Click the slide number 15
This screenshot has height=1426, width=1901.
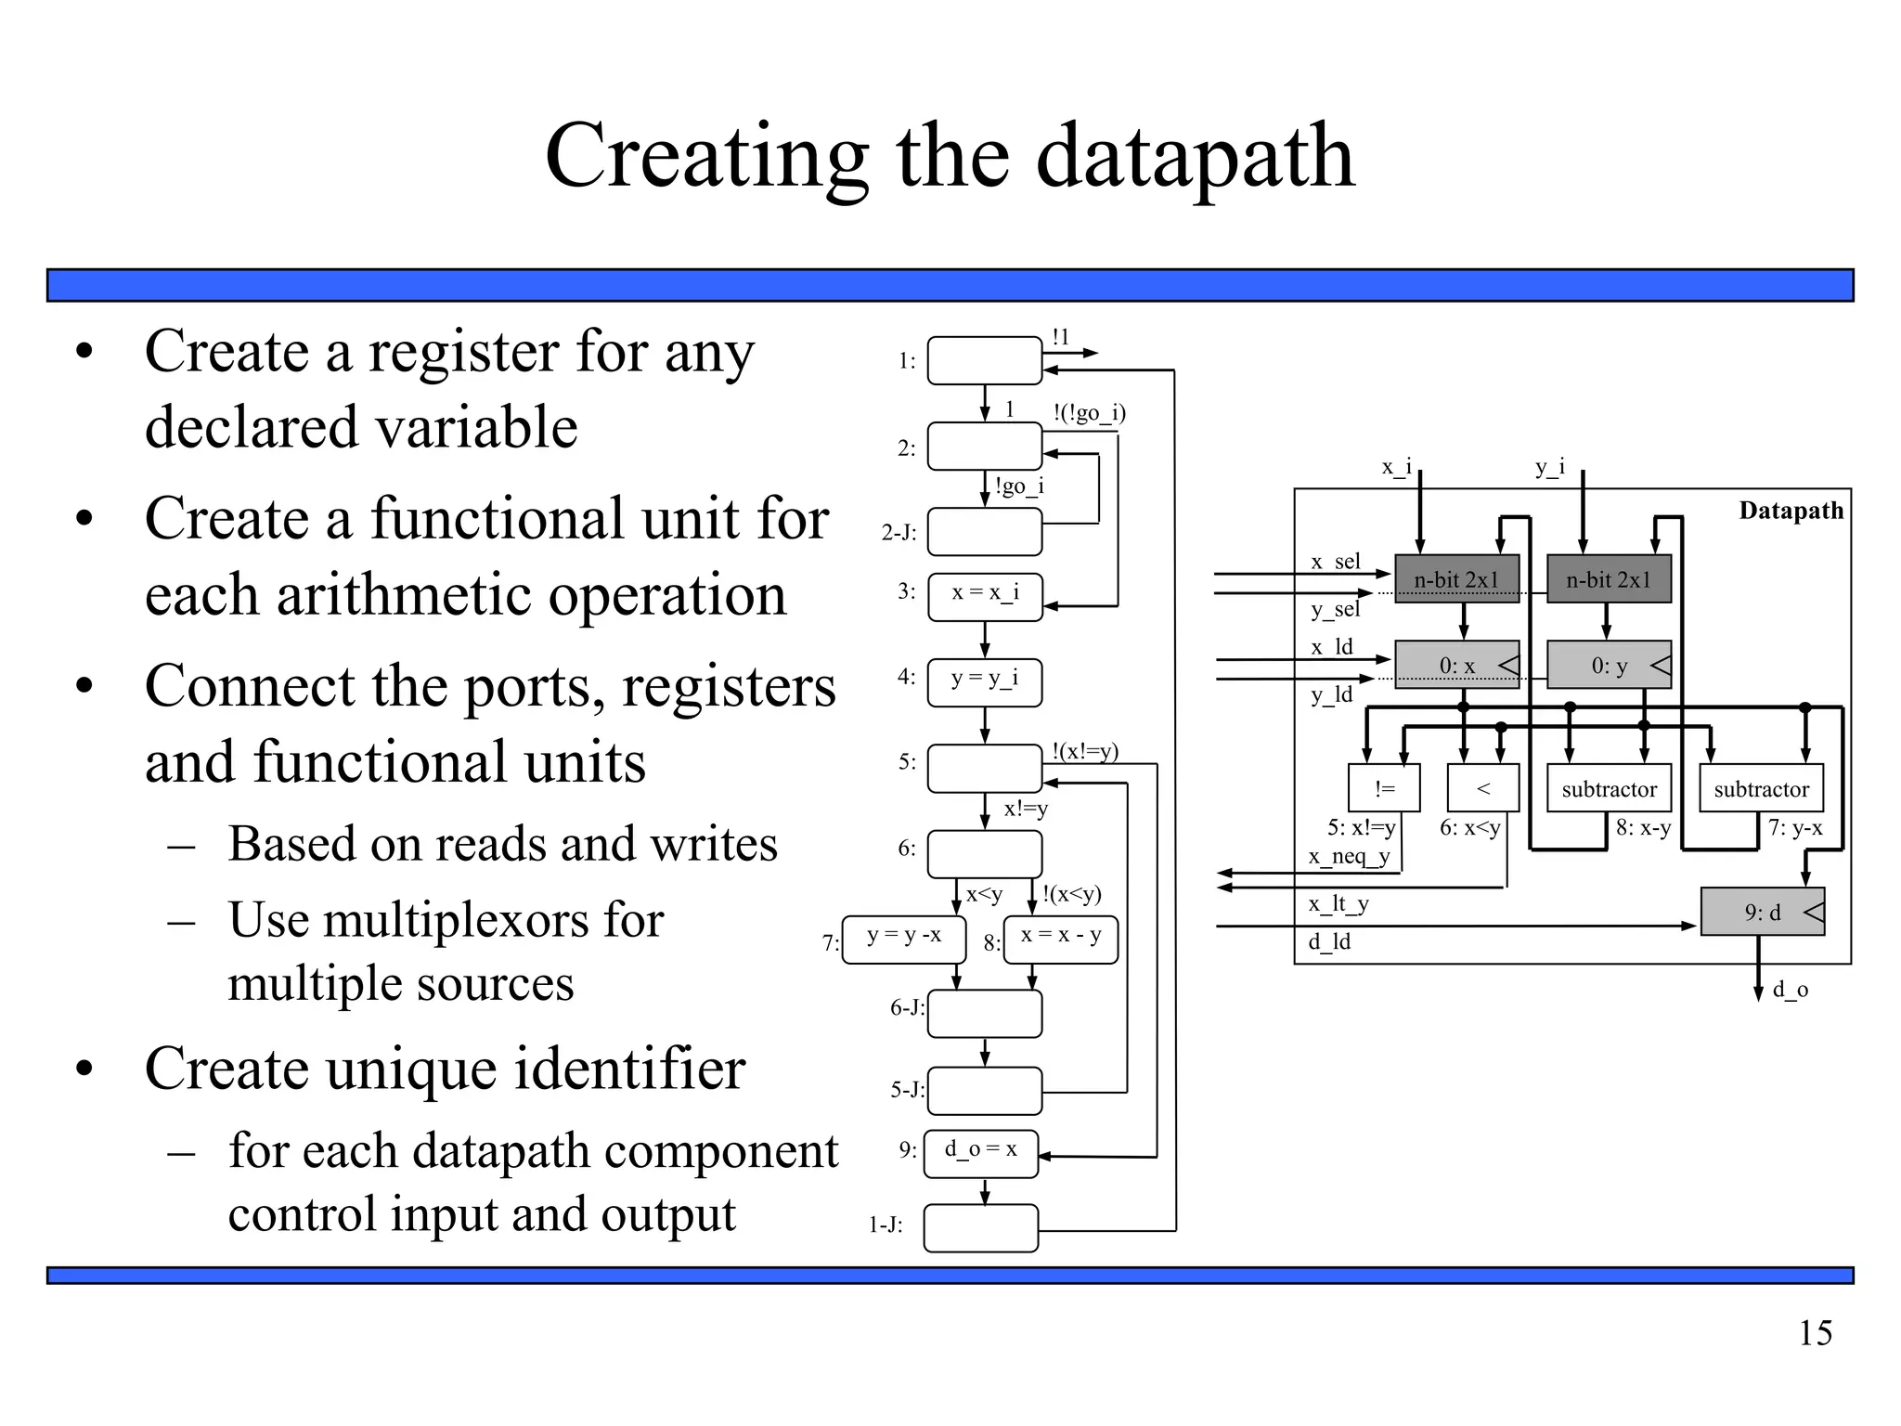1815,1333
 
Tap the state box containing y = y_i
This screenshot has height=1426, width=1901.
985,682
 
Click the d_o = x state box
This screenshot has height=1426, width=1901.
981,1153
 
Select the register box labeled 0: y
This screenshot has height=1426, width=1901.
1609,665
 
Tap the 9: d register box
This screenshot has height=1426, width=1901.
1762,912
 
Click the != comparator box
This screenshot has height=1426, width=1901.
1384,788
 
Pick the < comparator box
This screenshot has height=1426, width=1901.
1482,788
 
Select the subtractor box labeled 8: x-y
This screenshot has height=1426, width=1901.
1609,788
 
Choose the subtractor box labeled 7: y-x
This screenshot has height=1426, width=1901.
1761,788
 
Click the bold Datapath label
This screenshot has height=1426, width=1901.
1791,511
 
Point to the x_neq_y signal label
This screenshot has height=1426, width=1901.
1349,856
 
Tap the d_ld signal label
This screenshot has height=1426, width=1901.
1329,941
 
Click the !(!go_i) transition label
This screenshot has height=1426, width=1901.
1089,412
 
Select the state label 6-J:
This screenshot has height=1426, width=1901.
907,1007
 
